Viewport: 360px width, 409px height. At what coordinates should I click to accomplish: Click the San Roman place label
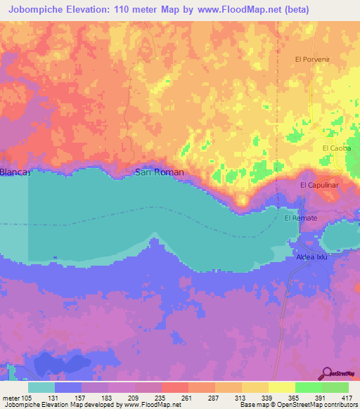click(x=160, y=172)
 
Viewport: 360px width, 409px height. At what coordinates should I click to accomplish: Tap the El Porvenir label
click(x=312, y=59)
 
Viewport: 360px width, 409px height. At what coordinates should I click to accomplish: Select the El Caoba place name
click(x=335, y=148)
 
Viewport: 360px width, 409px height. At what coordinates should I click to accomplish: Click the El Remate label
click(x=300, y=219)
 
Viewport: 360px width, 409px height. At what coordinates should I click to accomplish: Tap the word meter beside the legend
click(x=10, y=397)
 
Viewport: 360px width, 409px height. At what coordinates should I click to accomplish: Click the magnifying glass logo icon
click(x=328, y=373)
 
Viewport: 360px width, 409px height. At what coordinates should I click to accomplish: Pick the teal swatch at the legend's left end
click(x=41, y=387)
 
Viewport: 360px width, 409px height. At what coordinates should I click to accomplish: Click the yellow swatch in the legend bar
click(x=281, y=387)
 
